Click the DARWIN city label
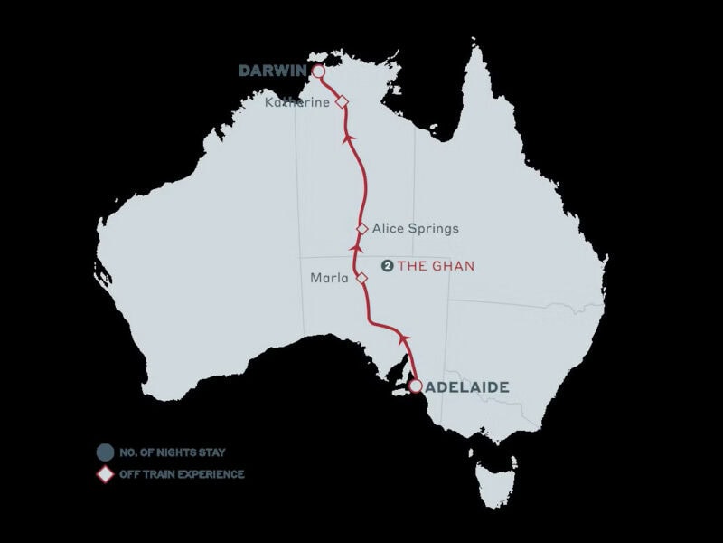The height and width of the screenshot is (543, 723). click(273, 71)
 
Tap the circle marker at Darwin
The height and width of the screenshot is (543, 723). click(318, 71)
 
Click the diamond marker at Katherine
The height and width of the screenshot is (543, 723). click(342, 103)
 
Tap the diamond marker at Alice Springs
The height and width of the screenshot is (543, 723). click(362, 229)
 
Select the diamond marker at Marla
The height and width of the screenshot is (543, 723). click(362, 279)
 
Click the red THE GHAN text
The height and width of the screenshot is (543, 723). click(436, 266)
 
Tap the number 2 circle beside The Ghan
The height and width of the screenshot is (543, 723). click(387, 266)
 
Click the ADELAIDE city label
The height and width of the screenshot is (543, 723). click(467, 386)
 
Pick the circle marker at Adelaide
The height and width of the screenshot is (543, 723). click(415, 386)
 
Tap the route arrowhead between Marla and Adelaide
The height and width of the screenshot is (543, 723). click(404, 338)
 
